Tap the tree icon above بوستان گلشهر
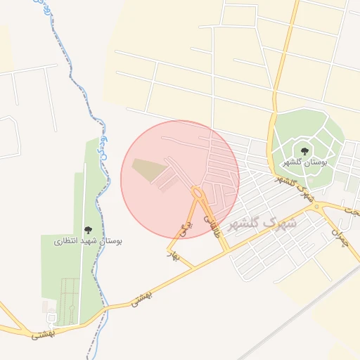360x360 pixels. point(304,150)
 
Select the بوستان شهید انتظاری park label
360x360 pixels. point(89,240)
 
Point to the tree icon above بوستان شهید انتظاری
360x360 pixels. point(88,229)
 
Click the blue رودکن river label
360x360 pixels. point(101,141)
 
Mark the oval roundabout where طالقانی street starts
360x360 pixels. point(198,192)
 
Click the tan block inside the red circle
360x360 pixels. point(148,169)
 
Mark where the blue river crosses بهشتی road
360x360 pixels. point(101,309)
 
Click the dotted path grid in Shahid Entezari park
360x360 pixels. point(68,295)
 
